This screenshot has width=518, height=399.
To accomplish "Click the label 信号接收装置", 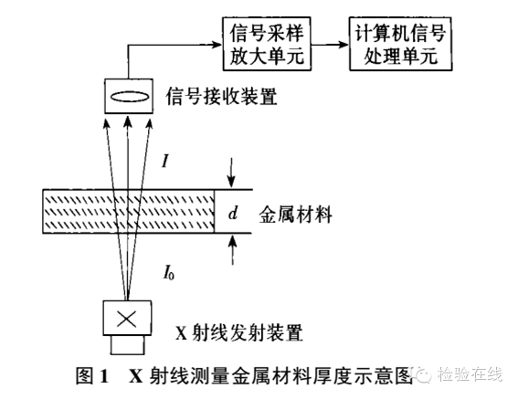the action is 221,97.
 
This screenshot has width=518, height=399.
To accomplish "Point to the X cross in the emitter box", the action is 127,319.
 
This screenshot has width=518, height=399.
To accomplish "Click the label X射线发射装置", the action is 238,332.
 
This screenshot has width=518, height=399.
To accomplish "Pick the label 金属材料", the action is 295,215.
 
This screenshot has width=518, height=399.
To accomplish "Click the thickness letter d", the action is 233,214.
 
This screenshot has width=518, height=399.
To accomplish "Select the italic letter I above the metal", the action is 165,162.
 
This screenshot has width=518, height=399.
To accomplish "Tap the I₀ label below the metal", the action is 168,274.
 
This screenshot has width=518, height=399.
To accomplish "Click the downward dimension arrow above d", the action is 231,173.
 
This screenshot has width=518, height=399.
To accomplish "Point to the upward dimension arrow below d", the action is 233,250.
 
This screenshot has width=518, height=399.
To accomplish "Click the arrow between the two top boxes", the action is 330,44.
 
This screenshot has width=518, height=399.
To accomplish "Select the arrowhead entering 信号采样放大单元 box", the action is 217,44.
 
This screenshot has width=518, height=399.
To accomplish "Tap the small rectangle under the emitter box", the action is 127,345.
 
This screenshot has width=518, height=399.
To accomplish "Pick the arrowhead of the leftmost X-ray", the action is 106,122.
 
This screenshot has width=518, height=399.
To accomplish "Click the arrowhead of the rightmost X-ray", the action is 150,122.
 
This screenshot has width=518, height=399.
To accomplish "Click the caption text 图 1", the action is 92,375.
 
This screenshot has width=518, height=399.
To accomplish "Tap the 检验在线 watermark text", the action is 470,374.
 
